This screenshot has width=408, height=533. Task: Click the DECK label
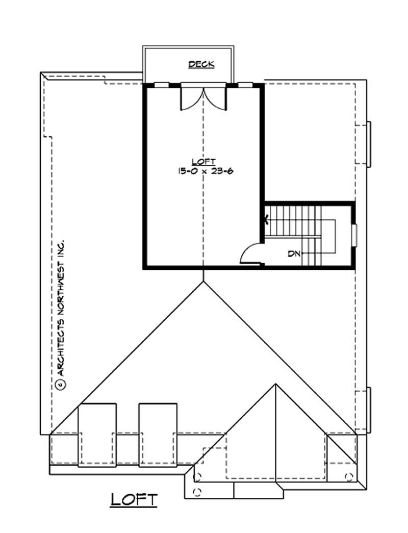click(x=201, y=64)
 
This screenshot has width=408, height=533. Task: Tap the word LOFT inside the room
click(x=203, y=163)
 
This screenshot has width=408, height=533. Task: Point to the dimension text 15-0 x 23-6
click(x=203, y=172)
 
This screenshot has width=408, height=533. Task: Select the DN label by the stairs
click(x=294, y=253)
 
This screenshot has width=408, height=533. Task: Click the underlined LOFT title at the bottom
click(x=134, y=499)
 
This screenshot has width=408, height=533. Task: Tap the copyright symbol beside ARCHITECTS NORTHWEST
click(x=60, y=384)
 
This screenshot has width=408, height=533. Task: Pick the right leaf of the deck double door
click(x=215, y=99)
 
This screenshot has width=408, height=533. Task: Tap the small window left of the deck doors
click(x=162, y=85)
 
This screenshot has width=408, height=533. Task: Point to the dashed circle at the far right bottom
click(x=349, y=476)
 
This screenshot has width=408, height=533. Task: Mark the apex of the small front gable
click(x=275, y=385)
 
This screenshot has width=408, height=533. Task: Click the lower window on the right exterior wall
click(x=369, y=409)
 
